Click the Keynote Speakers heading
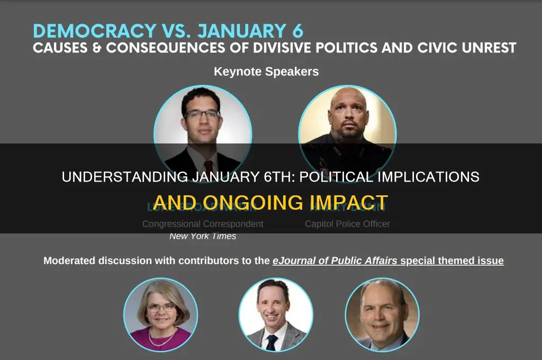(x=266, y=71)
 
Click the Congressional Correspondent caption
(x=203, y=224)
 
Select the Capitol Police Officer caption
(x=347, y=224)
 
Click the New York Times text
(x=203, y=236)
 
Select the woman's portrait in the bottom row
(x=160, y=314)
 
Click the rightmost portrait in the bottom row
(x=382, y=314)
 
